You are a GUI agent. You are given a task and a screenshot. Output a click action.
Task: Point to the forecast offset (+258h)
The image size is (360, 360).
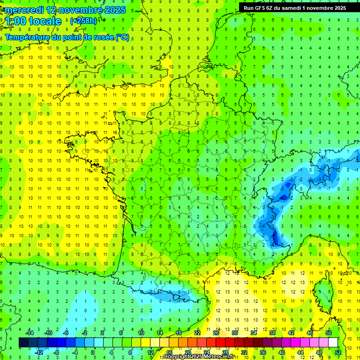pyautogui.click(x=83, y=21)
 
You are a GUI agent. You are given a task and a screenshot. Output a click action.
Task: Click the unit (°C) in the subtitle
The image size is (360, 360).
pyautogui.click(x=122, y=37)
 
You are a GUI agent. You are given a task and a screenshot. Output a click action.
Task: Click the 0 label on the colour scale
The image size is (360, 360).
pyautogui.click(x=93, y=352)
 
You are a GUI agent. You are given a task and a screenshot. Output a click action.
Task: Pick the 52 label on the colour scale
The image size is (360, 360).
pyautogui.click(x=338, y=352)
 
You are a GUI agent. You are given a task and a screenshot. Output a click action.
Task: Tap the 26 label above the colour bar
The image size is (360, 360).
pyautogui.click(x=216, y=333)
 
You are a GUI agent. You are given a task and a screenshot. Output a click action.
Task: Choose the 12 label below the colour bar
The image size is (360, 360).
pyautogui.click(x=150, y=352)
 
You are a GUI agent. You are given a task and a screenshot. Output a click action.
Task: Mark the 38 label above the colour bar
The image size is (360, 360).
pyautogui.click(x=272, y=333)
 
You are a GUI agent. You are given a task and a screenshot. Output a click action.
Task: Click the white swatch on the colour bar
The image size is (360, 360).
pyautogui.click(x=333, y=342)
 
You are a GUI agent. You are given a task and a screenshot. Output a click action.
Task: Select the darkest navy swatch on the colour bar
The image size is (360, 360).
pyautogui.click(x=23, y=342)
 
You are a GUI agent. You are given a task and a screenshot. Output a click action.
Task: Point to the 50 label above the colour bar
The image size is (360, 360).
pyautogui.click(x=329, y=333)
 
